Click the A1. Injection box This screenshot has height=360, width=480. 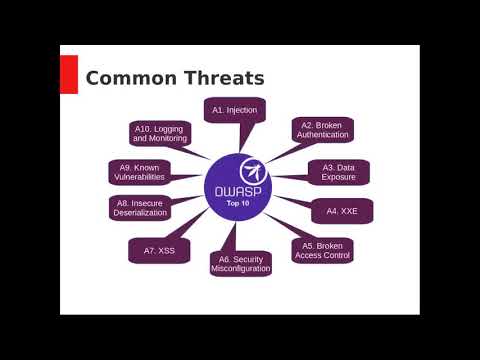[234, 108]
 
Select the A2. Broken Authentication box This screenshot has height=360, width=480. [322, 130]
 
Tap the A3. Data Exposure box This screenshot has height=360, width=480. [338, 171]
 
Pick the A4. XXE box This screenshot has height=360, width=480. [341, 211]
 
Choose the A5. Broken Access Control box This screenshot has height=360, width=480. [323, 250]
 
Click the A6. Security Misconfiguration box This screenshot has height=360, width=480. [241, 263]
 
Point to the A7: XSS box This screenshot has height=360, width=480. [158, 249]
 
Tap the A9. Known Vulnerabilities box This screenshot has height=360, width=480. [139, 171]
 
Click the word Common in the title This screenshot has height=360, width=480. [128, 78]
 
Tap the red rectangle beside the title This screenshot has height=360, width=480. [69, 74]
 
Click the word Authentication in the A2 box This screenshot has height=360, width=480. [322, 135]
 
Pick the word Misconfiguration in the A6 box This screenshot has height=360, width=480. [241, 269]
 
